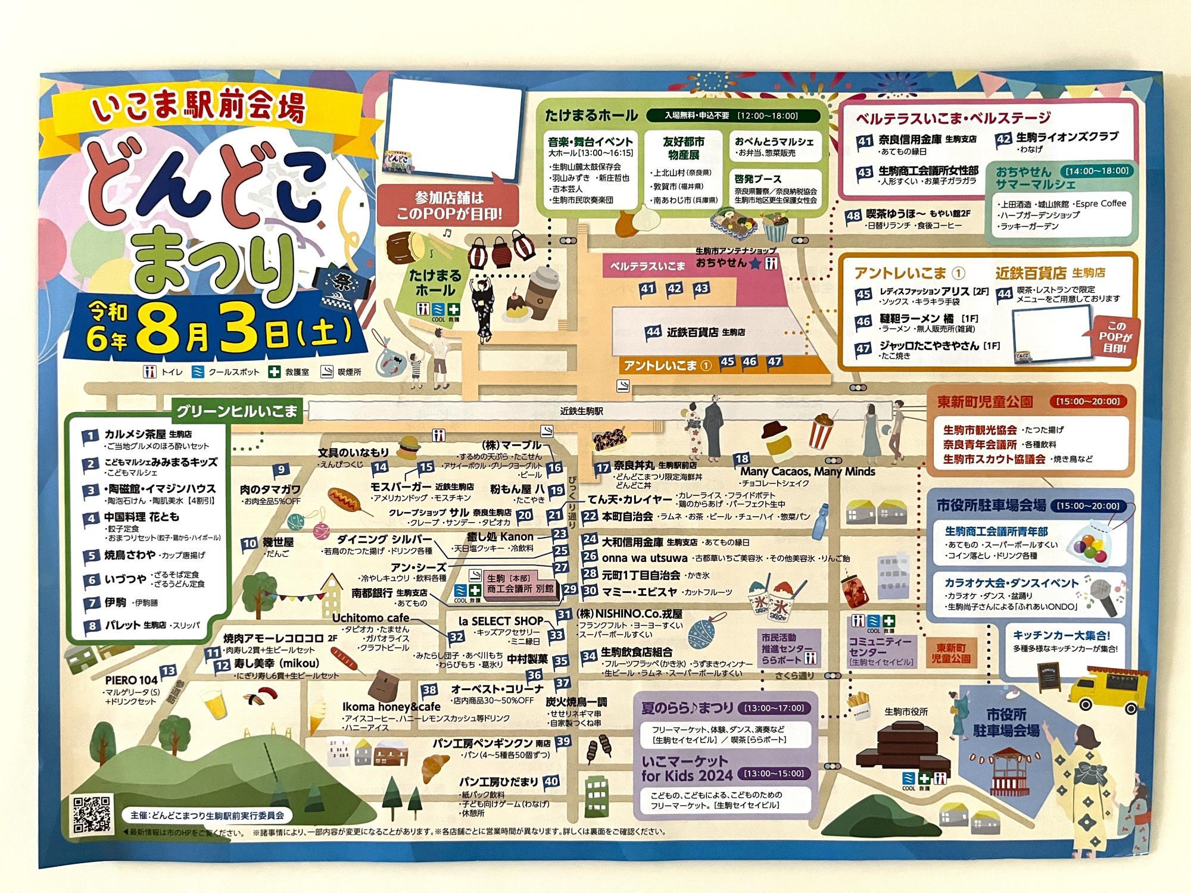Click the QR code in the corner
click(92, 813)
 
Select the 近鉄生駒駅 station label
click(582, 411)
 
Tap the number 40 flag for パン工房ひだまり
click(551, 782)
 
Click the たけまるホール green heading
click(591, 115)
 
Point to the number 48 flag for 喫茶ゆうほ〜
click(855, 216)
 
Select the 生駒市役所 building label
click(906, 711)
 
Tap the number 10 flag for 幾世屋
click(250, 543)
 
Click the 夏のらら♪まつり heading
click(687, 708)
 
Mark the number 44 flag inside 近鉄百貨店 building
click(654, 331)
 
